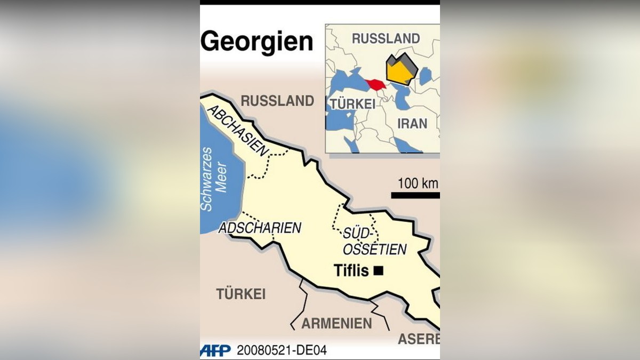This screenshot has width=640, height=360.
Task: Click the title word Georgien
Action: [257, 41]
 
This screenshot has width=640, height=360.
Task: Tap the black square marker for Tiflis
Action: [379, 271]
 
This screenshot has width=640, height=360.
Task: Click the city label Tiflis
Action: [351, 271]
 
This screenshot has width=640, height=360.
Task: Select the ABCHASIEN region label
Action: [237, 131]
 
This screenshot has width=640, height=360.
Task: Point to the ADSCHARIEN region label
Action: [260, 228]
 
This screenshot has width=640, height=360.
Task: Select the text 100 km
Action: [417, 183]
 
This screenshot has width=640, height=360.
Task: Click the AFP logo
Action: [215, 350]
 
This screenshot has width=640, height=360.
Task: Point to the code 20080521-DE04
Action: [282, 350]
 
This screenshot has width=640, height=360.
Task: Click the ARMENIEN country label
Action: [337, 324]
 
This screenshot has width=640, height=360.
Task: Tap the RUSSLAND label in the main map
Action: [277, 101]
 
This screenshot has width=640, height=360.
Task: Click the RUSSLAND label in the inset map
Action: [386, 38]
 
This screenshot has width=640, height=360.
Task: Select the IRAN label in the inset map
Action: [412, 124]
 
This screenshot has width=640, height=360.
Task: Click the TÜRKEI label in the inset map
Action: [353, 104]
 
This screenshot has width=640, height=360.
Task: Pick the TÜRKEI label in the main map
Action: [241, 294]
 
